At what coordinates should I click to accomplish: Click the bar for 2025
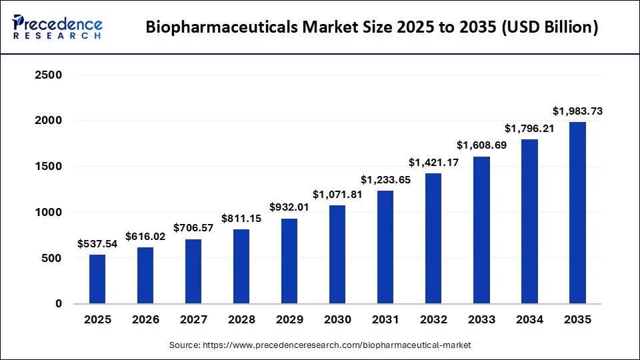[97, 279]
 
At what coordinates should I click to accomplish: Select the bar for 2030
[337, 254]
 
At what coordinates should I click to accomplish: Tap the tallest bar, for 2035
[577, 213]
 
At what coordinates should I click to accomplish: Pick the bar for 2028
[241, 266]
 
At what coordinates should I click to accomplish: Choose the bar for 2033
[481, 230]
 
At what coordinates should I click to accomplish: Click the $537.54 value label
[97, 244]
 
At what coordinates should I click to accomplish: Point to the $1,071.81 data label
[337, 195]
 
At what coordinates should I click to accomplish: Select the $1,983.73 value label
[577, 111]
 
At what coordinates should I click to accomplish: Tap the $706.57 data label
[193, 229]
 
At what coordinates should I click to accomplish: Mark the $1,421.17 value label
[433, 163]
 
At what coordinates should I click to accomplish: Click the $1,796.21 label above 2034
[529, 128]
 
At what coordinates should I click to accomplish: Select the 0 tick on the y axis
[59, 304]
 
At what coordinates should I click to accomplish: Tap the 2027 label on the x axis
[193, 320]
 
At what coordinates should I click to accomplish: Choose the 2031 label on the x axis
[385, 320]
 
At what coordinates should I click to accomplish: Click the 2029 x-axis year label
[289, 320]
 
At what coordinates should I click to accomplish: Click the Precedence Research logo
[57, 27]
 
